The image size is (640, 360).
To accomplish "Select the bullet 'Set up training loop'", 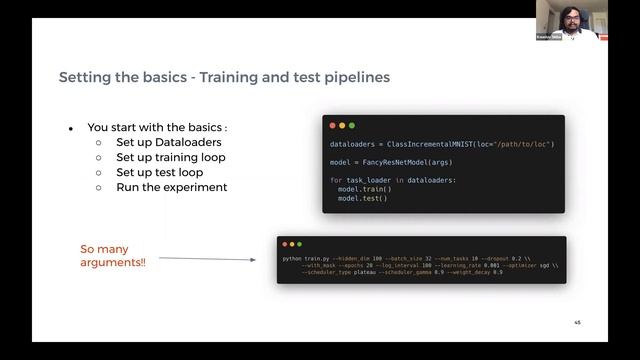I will (x=170, y=157).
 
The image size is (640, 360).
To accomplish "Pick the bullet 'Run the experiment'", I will (x=171, y=187).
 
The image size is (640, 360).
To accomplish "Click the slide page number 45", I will (x=577, y=323).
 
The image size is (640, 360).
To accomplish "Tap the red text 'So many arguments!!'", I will (x=113, y=255).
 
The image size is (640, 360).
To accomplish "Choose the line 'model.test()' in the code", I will (x=361, y=198).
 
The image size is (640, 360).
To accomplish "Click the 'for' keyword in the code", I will (x=336, y=180).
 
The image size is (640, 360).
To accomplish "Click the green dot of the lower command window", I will (x=300, y=245).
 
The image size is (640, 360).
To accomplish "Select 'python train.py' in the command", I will (x=306, y=259).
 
